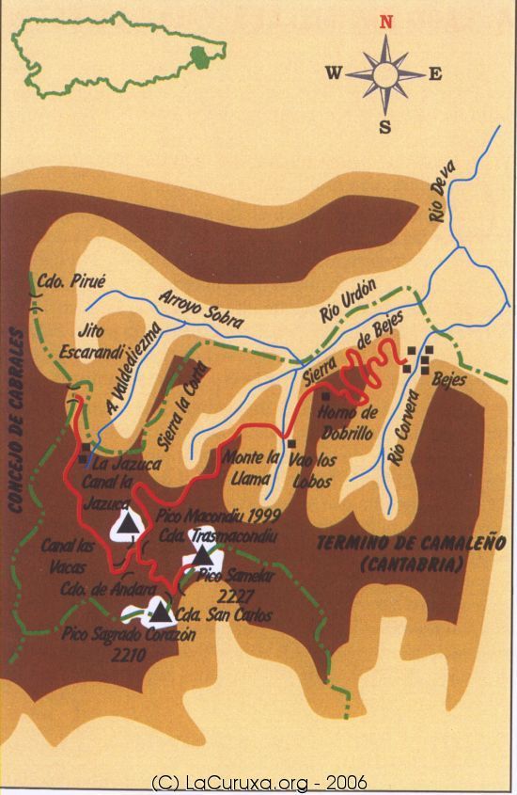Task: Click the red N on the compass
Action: coord(384,24)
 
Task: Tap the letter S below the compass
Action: coord(385,126)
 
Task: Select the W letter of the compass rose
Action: coord(334,73)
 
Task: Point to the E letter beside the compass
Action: coord(436,74)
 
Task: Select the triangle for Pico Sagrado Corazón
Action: coord(162,613)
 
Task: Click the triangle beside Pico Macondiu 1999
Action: coord(128,524)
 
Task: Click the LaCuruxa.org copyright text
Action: coord(258,782)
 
